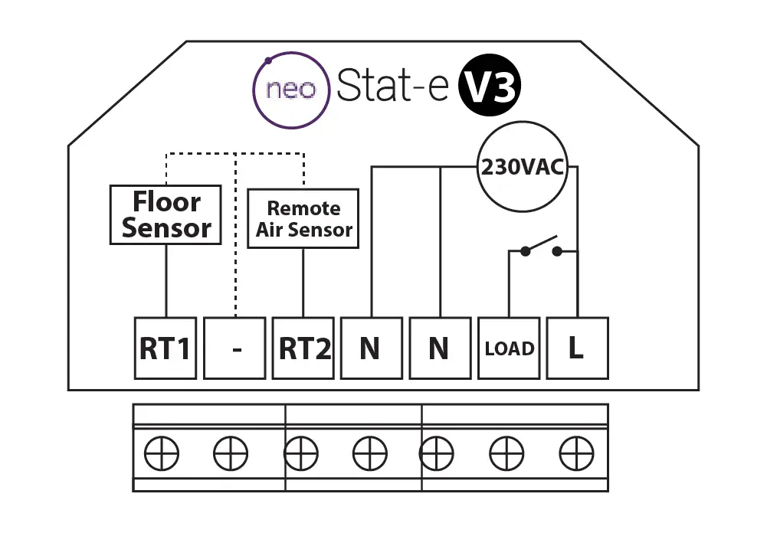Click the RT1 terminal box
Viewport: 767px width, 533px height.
[165, 348]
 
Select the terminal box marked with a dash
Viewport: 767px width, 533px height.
[234, 348]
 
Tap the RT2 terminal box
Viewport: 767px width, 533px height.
[303, 348]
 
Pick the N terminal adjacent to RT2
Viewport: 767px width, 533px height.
[371, 348]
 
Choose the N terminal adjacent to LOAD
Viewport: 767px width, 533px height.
[440, 348]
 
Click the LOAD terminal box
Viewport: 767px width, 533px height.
[509, 348]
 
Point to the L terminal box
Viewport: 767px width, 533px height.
[576, 348]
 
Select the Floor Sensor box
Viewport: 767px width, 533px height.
[166, 215]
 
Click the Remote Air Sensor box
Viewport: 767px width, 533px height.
[303, 219]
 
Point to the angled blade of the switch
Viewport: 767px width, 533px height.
[540, 245]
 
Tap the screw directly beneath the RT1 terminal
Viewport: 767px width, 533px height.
[162, 455]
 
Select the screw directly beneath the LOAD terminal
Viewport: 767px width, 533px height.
[506, 455]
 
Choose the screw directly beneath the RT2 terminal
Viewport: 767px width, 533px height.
[300, 455]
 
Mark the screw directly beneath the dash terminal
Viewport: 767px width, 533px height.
[230, 455]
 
